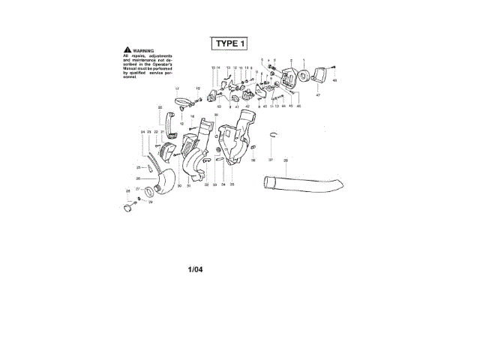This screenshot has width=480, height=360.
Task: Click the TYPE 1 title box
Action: (229, 43)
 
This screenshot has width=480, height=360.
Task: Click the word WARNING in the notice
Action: (142, 50)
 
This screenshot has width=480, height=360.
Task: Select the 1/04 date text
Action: (196, 268)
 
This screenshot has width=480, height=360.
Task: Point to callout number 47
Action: (317, 96)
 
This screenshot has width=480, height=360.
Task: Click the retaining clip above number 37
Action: (275, 134)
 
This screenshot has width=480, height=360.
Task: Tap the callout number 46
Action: (299, 106)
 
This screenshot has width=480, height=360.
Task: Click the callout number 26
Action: (138, 178)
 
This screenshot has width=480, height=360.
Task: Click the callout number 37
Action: (271, 160)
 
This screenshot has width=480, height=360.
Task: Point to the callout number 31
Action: (188, 184)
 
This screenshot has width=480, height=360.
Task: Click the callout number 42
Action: (247, 107)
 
